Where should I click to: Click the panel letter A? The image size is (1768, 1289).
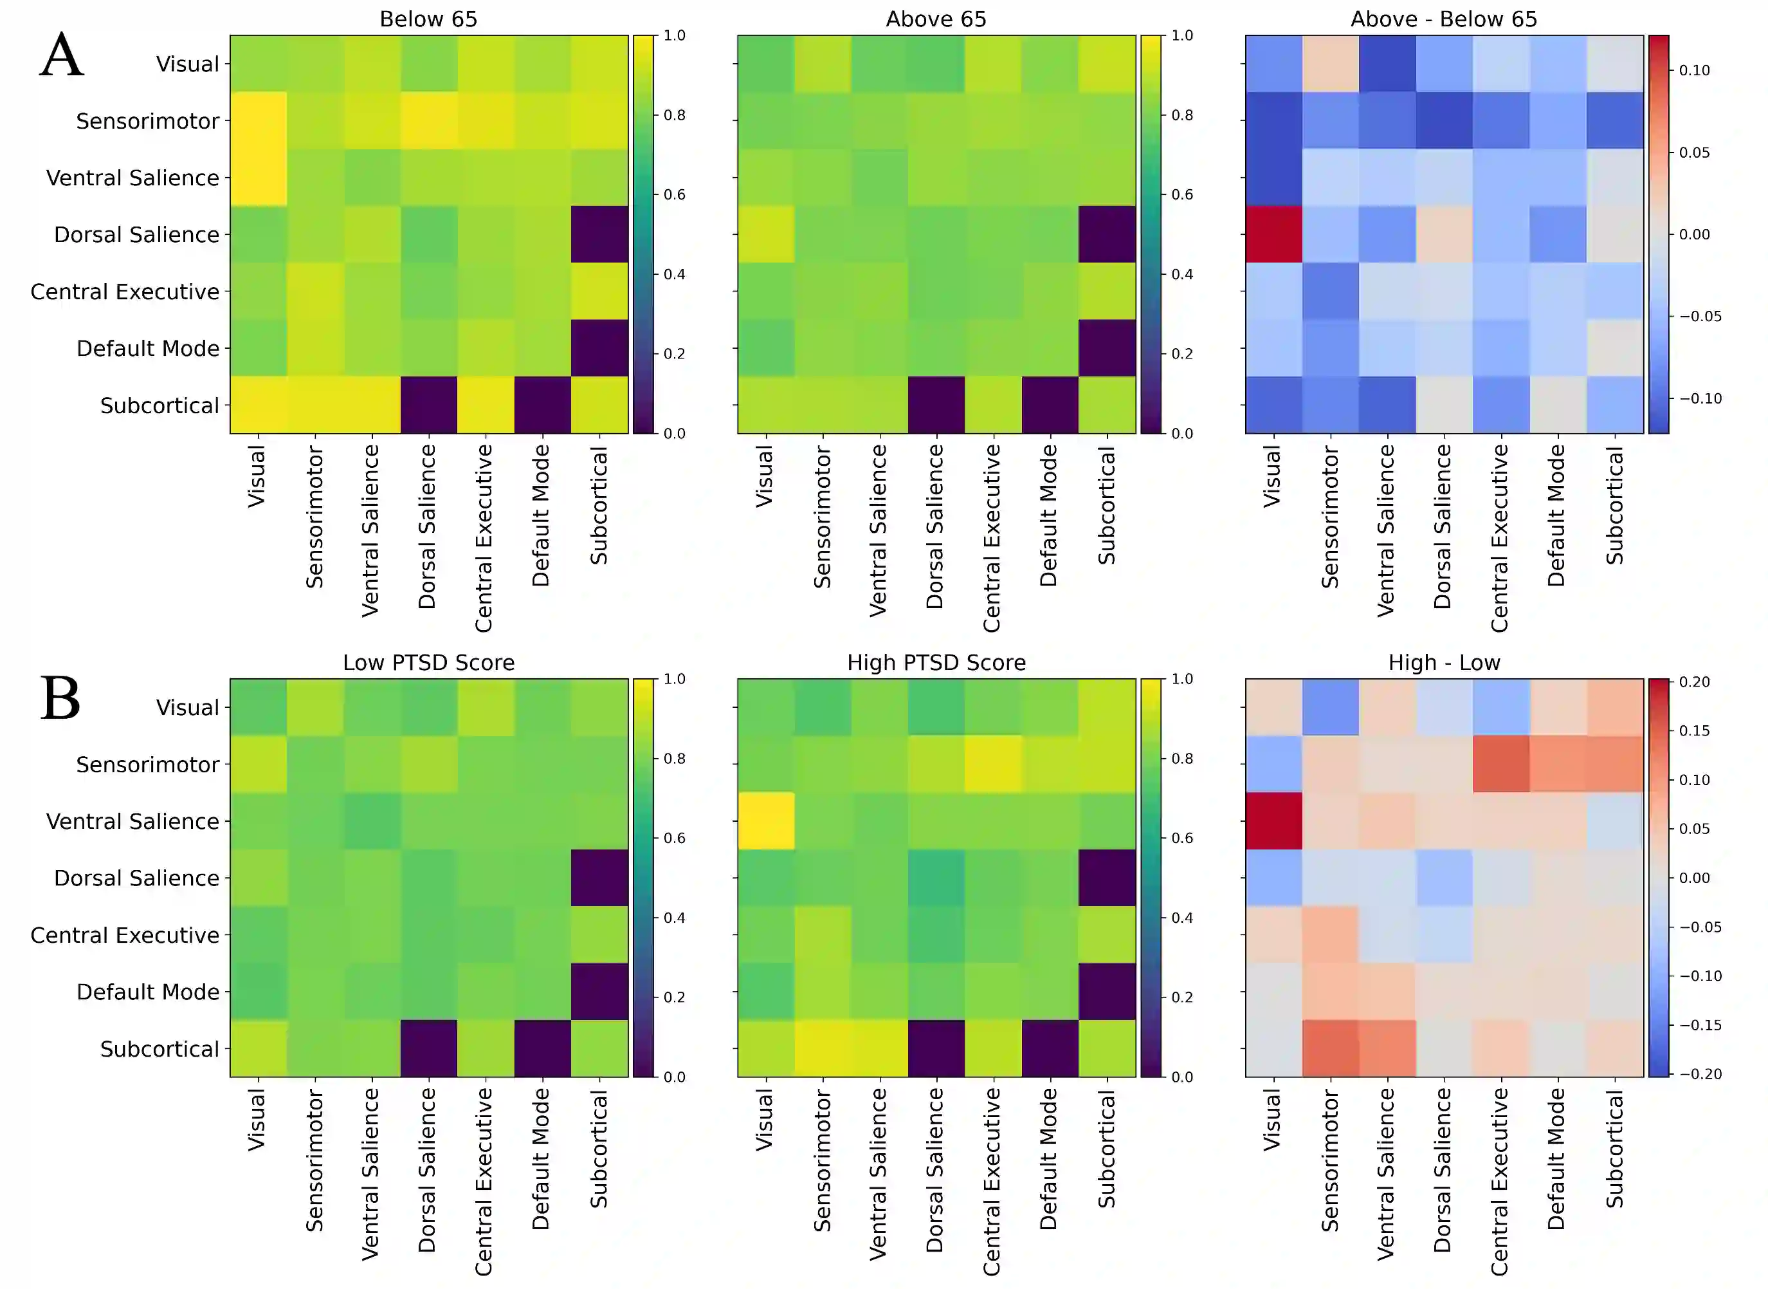[x=62, y=55]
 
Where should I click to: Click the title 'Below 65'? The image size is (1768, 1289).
[x=428, y=19]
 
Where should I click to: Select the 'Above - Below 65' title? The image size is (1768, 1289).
[x=1444, y=19]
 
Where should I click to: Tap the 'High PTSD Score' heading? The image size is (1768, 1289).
[x=936, y=662]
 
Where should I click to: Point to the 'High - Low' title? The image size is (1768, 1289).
[x=1444, y=662]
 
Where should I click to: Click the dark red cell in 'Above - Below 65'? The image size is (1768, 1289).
[x=1273, y=234]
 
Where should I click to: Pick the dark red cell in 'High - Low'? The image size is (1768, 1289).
[x=1273, y=821]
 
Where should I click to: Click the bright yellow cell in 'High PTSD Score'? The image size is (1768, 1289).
[x=766, y=821]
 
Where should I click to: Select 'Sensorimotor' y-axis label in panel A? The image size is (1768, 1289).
[x=147, y=121]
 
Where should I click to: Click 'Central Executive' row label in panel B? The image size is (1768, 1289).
[x=125, y=935]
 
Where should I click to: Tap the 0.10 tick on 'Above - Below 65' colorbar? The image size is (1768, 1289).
[x=1694, y=70]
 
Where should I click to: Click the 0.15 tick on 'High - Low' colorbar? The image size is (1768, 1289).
[x=1694, y=730]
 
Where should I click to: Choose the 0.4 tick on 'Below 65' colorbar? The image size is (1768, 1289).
[x=675, y=274]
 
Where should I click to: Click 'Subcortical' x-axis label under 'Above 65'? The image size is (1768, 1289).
[x=1107, y=506]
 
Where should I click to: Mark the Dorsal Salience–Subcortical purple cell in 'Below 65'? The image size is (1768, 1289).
[x=599, y=234]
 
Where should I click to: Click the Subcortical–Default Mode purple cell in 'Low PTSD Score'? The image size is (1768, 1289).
[x=542, y=1048]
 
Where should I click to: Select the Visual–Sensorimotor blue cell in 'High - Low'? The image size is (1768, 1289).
[x=1331, y=707]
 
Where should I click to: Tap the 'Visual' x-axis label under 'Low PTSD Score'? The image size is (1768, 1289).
[x=257, y=1120]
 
